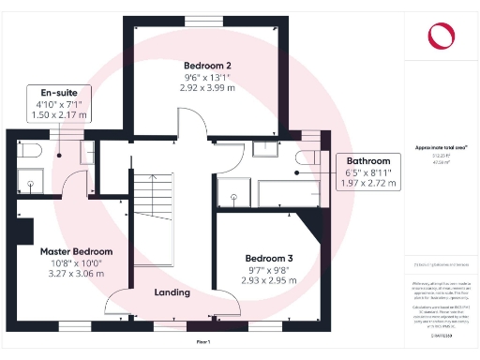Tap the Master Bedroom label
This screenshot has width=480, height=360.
click(x=76, y=251)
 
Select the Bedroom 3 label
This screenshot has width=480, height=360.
click(x=269, y=258)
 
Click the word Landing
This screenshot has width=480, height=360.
click(x=172, y=292)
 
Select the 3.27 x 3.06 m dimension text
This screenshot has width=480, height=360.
click(x=76, y=276)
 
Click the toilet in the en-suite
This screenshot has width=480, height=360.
click(x=25, y=151)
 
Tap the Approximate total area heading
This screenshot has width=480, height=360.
click(x=441, y=148)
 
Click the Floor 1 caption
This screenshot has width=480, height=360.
click(x=202, y=343)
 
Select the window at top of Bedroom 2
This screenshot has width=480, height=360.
click(x=198, y=21)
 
